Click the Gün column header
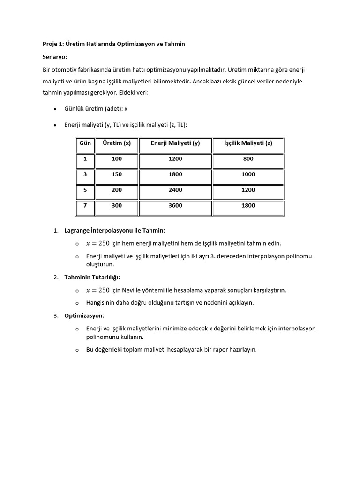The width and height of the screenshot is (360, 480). click(x=85, y=143)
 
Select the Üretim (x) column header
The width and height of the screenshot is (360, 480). click(x=117, y=143)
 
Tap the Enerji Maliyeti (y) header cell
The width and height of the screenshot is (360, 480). click(x=175, y=143)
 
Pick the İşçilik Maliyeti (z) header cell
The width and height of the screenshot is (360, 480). click(x=248, y=143)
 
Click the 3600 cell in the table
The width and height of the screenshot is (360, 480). click(x=175, y=206)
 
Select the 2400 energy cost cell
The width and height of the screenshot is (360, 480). click(x=175, y=190)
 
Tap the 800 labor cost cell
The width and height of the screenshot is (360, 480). click(x=248, y=159)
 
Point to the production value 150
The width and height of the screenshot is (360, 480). click(x=117, y=174)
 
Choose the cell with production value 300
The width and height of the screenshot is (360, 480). click(x=117, y=206)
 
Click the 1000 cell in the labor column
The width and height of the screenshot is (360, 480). click(x=248, y=174)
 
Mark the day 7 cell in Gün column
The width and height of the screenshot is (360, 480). click(x=85, y=206)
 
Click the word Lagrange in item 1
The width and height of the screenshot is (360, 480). click(x=77, y=231)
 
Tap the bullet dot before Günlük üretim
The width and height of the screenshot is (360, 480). click(x=55, y=109)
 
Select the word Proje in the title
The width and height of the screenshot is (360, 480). click(x=50, y=44)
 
